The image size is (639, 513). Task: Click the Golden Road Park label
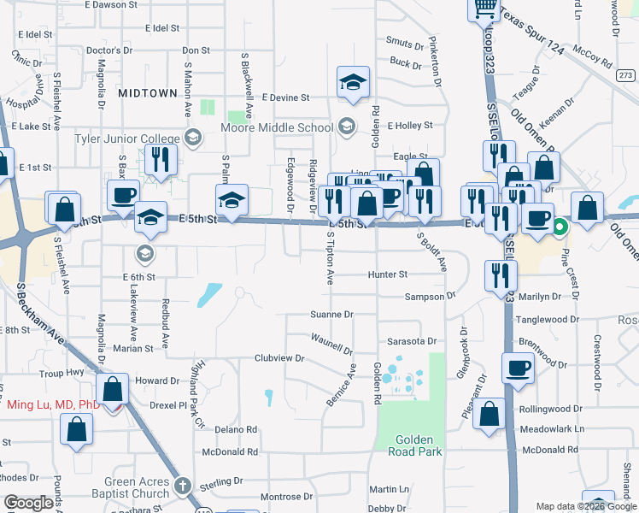point(419,445)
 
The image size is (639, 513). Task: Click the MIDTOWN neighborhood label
point(148,92)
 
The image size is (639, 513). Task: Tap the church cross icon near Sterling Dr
point(181,486)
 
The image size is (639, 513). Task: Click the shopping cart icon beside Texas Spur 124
point(484,9)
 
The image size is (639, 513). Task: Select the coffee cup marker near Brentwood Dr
point(518,369)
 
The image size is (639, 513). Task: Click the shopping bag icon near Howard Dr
point(113,390)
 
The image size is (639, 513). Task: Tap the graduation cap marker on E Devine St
point(353,83)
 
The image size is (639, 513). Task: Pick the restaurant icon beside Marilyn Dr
point(500,274)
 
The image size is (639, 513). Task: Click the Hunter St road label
point(387,274)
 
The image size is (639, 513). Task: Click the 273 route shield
point(625,75)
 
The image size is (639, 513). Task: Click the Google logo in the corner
point(28,503)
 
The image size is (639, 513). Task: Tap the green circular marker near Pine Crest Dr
point(560,227)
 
